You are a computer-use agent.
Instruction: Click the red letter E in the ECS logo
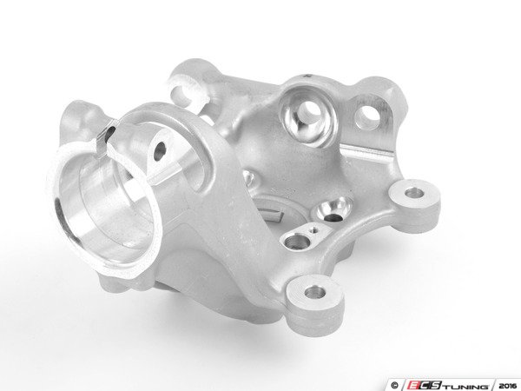(412, 386)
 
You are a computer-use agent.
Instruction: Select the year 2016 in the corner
(508, 386)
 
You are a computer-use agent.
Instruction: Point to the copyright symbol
(394, 386)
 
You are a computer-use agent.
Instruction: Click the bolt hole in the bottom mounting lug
(315, 293)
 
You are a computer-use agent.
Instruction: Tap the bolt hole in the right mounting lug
(413, 193)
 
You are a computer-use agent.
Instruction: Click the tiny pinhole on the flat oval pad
(312, 229)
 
